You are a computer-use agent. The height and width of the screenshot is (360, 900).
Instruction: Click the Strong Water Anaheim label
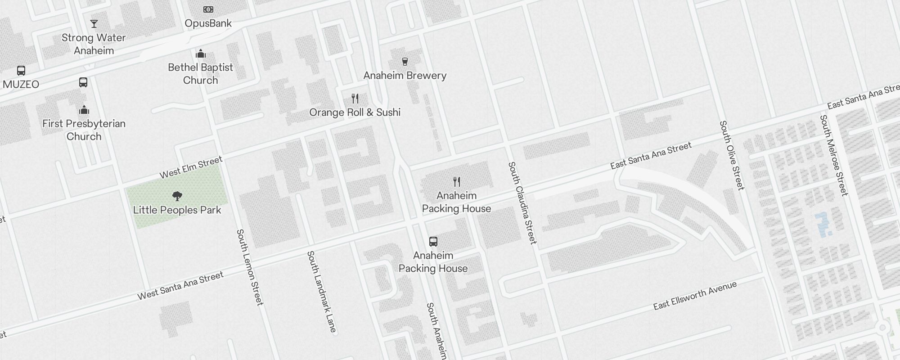coord(94,44)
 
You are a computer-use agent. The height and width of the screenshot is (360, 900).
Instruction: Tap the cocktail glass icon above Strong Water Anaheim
coord(94,24)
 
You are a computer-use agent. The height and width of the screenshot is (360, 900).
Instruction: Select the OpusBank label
coord(208,23)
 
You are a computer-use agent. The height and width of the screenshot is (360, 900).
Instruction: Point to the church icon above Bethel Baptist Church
coord(201,54)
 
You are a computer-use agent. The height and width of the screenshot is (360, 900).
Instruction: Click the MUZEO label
coord(21,84)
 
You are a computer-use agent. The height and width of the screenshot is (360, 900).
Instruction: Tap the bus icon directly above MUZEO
coord(21,71)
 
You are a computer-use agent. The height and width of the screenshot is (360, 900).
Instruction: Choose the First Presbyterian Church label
coord(84,130)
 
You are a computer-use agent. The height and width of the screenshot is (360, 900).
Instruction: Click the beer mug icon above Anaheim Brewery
coord(405,62)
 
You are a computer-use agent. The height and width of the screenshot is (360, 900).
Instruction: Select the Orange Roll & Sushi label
coord(355,112)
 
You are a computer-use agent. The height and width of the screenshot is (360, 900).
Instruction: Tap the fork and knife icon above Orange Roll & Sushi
coord(355,99)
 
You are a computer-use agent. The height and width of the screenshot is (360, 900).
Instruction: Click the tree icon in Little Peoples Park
coord(177,196)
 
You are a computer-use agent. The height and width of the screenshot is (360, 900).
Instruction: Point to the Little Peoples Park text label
coord(177,210)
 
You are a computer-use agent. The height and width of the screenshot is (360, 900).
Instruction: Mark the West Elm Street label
coord(191,167)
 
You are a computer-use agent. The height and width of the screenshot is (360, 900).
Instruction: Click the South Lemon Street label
coord(250,267)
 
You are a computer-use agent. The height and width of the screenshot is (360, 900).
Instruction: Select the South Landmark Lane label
coord(321,292)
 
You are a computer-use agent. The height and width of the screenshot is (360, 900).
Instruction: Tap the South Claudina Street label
coord(522,203)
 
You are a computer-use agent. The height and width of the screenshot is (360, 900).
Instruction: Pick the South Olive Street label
coord(732,155)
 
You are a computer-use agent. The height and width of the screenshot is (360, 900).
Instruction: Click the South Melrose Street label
coord(833,155)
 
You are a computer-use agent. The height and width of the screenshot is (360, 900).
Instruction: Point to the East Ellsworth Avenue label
coord(695,296)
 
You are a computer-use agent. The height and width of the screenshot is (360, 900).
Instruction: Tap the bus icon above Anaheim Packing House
coord(433,242)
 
